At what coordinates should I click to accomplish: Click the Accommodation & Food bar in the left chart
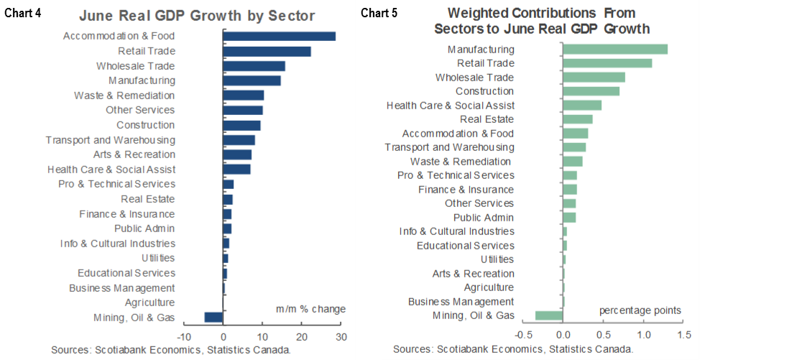279,36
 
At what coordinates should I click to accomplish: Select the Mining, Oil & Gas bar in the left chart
213,318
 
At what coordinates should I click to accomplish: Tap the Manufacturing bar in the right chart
614,50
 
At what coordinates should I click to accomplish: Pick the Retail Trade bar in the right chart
607,63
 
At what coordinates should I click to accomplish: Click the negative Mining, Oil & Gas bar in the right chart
549,315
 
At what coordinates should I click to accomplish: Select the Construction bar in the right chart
591,91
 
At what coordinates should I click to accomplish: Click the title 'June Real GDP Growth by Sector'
197,16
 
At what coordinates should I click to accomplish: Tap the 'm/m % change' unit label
310,309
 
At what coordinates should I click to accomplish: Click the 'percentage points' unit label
640,310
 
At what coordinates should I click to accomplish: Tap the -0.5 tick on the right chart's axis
523,335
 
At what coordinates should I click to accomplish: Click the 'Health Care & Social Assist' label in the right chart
451,106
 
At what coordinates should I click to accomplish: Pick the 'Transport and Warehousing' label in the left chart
110,140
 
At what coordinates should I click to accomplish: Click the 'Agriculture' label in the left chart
149,303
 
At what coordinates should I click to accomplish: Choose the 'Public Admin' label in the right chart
484,218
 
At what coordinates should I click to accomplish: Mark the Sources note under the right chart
512,349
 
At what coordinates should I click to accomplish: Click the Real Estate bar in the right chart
577,119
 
